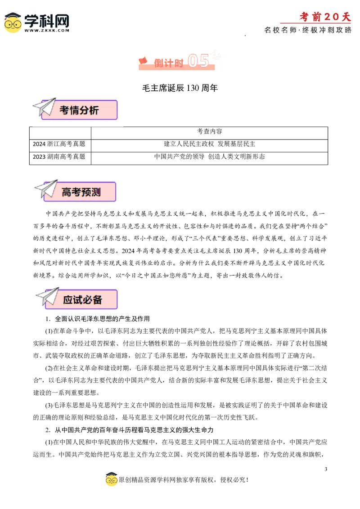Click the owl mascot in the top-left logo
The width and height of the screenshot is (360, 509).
pos(13,22)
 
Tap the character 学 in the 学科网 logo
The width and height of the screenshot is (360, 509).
pos(33,20)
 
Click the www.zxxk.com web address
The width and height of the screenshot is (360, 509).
pos(47,30)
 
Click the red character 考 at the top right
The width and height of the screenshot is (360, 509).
pos(305,17)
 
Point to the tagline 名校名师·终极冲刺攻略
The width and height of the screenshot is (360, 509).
pos(308,30)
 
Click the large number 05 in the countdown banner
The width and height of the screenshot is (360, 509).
pos(198,61)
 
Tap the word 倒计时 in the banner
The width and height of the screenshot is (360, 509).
pos(169,63)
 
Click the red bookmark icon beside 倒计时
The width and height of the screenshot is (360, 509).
pos(143,60)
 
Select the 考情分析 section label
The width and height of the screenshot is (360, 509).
pos(79,110)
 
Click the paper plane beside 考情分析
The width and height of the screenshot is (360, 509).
pos(44,107)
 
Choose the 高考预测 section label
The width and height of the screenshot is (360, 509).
pos(81,192)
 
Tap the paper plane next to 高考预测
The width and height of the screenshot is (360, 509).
pos(46,188)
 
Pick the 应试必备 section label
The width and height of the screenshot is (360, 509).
pos(83,299)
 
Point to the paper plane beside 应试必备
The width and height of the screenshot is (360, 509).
pos(48,296)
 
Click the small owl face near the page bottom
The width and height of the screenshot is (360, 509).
pos(112,480)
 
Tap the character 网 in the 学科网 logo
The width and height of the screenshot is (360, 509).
pos(60,20)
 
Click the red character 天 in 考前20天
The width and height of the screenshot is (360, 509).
pos(345,17)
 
